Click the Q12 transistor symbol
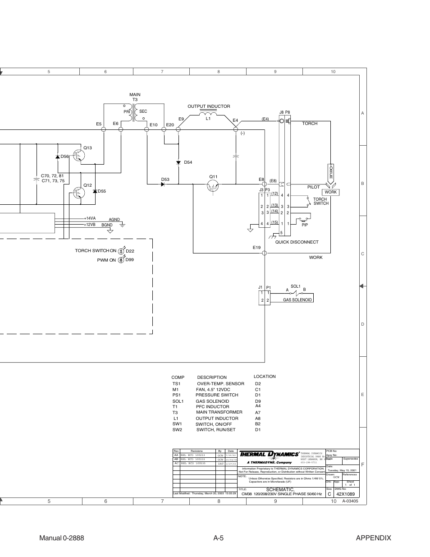[79, 193]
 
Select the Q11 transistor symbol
[213, 184]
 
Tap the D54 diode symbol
[178, 162]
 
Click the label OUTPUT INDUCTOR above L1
[209, 106]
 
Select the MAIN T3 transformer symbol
[134, 114]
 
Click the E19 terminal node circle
[265, 253]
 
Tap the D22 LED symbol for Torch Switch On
[121, 250]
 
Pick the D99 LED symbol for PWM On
[121, 260]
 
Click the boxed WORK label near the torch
[331, 192]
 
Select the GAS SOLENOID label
[297, 300]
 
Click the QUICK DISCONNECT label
[297, 242]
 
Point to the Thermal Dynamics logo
[269, 454]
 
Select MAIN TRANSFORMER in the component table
[219, 412]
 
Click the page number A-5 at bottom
[219, 538]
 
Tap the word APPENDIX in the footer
[373, 538]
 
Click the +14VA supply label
[90, 218]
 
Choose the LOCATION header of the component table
[265, 376]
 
